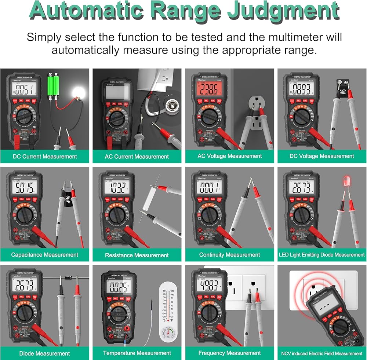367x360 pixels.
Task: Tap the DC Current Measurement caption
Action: click(x=45, y=157)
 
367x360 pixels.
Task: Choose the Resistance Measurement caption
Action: click(x=137, y=255)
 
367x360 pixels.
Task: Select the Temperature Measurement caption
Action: click(x=137, y=353)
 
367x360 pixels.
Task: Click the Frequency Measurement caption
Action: click(x=229, y=353)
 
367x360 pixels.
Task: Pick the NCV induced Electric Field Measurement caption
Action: click(x=322, y=353)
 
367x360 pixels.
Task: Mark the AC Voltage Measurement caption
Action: click(x=230, y=156)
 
